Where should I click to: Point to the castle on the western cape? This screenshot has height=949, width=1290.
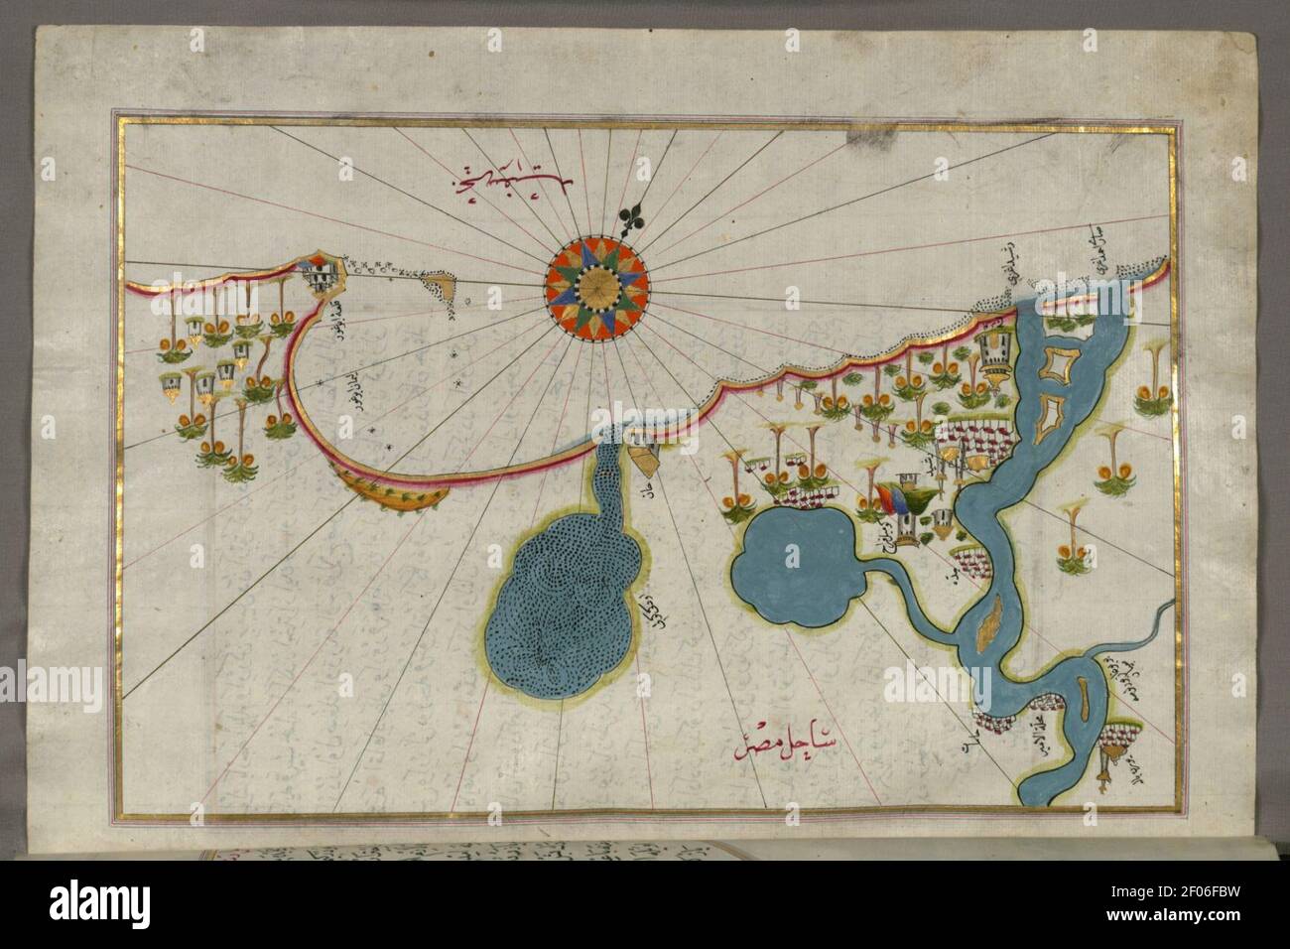pos(319,277)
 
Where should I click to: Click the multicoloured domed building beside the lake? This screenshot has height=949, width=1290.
pos(898,506)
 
